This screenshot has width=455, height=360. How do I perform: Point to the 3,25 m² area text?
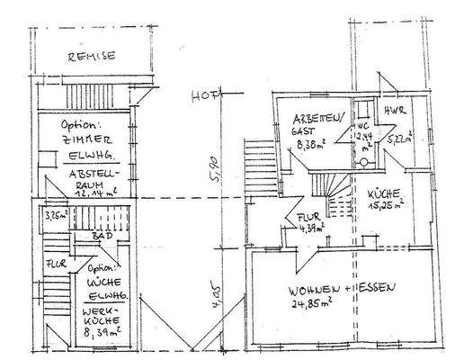(x=57, y=216)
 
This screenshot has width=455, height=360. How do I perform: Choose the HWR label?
(x=395, y=111)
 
